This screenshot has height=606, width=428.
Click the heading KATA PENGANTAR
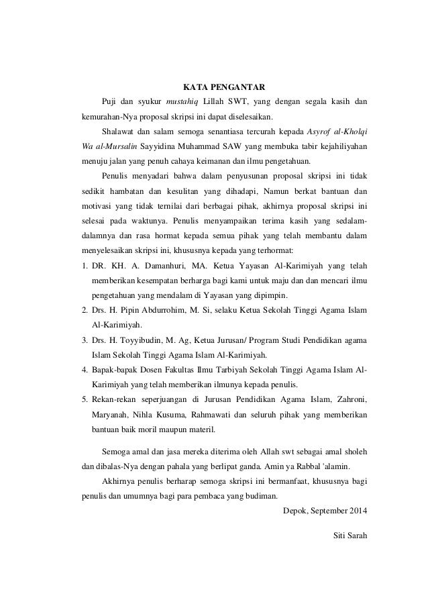(x=225, y=87)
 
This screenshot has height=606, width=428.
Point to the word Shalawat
(x=117, y=130)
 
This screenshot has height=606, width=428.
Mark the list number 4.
(x=76, y=370)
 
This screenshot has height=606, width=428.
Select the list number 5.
(x=76, y=399)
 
